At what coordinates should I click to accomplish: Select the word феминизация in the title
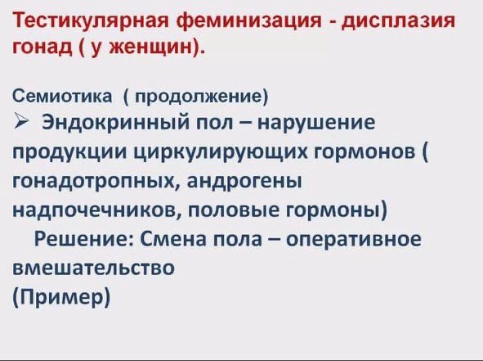tap(249, 21)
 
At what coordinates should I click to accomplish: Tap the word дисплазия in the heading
tap(398, 21)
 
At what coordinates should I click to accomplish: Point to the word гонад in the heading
tap(42, 47)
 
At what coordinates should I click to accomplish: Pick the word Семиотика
tap(62, 96)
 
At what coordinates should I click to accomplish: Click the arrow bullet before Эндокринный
tap(20, 120)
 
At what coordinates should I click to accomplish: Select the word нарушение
tap(316, 123)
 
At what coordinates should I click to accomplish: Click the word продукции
tap(69, 152)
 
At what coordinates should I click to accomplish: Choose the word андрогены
tap(244, 182)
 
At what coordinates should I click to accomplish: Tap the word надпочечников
tap(96, 210)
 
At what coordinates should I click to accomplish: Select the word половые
tap(233, 210)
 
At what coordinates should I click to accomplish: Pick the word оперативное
tap(354, 240)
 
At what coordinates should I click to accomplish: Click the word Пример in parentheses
tap(61, 297)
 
